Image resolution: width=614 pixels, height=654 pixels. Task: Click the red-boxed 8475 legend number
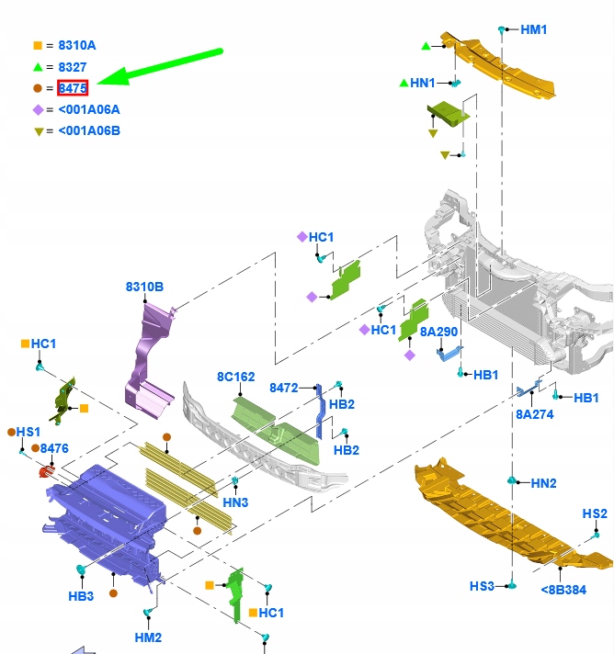[73, 88]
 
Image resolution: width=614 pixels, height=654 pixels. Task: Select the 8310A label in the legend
[77, 45]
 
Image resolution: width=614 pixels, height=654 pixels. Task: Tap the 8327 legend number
[73, 67]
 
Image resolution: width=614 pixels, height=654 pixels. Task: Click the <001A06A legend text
[89, 109]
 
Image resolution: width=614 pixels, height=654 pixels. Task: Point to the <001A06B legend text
[89, 130]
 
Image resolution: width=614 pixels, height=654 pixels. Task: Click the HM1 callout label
[534, 29]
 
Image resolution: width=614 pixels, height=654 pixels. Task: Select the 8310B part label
[144, 287]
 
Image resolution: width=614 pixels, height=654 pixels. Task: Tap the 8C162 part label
[236, 377]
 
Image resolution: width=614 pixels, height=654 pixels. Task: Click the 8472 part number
[284, 388]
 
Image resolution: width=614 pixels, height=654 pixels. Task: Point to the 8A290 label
[438, 332]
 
